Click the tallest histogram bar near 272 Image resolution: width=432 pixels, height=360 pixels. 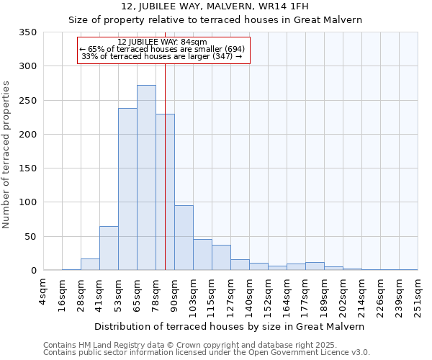coord(146,178)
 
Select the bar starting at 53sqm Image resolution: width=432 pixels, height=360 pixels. coord(127,189)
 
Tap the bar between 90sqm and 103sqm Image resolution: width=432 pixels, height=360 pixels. coord(184,238)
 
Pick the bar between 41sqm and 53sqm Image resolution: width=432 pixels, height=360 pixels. coord(109,248)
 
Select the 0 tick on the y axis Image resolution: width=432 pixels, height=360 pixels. coord(33,271)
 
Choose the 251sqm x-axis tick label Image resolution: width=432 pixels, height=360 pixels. coord(418,294)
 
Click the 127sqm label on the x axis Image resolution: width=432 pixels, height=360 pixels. coord(230,294)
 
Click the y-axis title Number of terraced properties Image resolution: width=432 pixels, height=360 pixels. coord(6,155)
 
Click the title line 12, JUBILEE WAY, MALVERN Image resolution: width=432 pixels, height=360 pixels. coord(215,6)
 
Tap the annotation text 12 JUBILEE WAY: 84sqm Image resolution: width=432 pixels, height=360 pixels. coord(162,42)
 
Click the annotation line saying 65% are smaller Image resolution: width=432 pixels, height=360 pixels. coord(162,49)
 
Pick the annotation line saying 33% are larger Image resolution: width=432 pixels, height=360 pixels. coord(162,56)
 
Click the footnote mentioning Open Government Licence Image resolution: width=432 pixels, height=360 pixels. coord(207,352)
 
